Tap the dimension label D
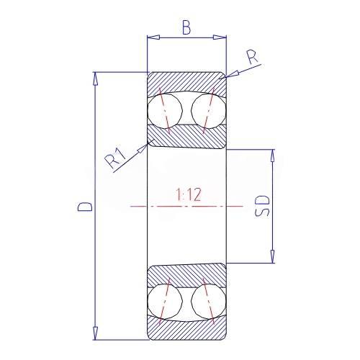pyautogui.click(x=84, y=207)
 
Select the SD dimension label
pyautogui.click(x=262, y=206)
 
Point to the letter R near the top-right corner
pyautogui.click(x=253, y=58)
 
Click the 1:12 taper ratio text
pyautogui.click(x=188, y=194)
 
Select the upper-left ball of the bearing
pyautogui.click(x=165, y=111)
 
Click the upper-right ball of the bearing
pyautogui.click(x=209, y=111)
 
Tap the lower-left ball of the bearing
pyautogui.click(x=165, y=302)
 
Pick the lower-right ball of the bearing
pyautogui.click(x=209, y=302)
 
